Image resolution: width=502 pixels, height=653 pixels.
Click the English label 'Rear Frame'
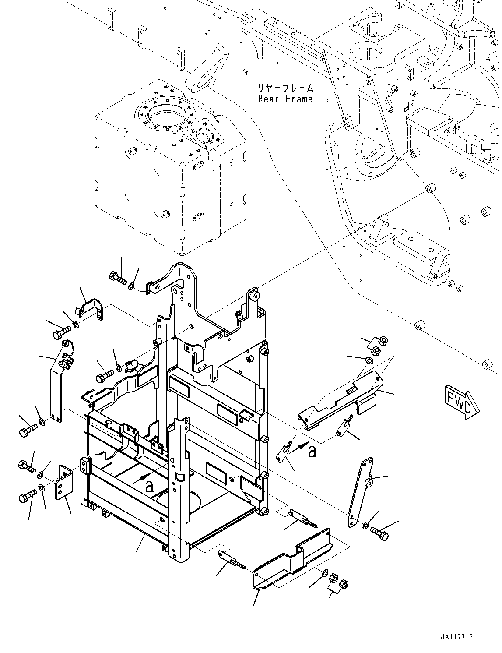(285, 99)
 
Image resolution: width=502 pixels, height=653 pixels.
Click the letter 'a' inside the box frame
(150, 485)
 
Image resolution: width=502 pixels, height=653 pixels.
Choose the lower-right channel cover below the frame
(291, 565)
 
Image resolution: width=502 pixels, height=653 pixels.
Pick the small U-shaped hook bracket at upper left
(91, 308)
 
